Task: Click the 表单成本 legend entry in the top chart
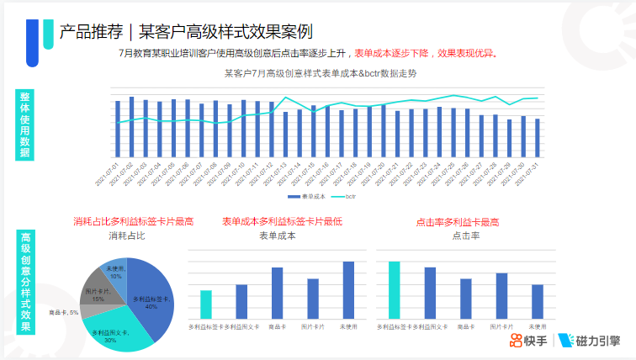307,197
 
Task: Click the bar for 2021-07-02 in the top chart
131,127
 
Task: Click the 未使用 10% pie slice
114,271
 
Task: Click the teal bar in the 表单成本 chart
206,304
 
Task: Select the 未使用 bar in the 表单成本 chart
348,290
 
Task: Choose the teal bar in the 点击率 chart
394,290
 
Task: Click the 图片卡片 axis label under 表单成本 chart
312,326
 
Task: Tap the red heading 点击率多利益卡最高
458,223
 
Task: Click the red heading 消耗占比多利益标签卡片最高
134,221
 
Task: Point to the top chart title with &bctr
320,74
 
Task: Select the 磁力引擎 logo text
598,340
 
